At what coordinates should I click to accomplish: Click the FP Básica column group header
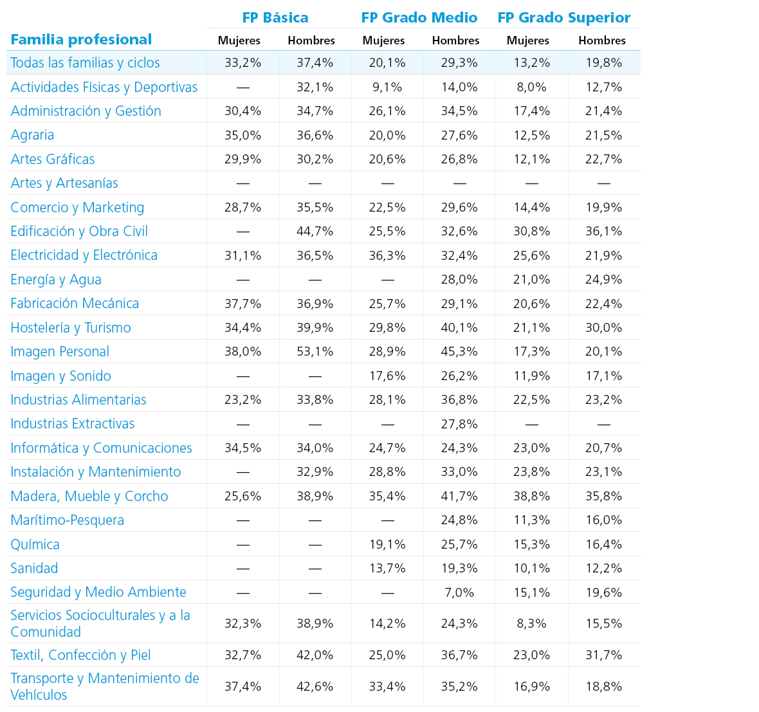click(x=275, y=18)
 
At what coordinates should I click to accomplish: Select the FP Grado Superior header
click(x=564, y=18)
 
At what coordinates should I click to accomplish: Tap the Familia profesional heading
click(x=81, y=40)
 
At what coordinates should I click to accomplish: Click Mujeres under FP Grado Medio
click(x=383, y=41)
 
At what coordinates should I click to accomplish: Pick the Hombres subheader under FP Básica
click(x=311, y=41)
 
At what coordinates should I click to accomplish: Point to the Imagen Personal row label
click(x=60, y=352)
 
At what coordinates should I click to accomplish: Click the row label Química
click(x=35, y=545)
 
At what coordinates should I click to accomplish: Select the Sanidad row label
click(x=34, y=568)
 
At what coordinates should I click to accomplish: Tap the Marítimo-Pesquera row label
click(x=68, y=520)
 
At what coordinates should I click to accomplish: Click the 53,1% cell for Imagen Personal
click(x=315, y=352)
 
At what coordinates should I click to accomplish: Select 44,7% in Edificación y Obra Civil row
click(x=315, y=232)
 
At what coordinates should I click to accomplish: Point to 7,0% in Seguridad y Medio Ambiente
click(x=459, y=592)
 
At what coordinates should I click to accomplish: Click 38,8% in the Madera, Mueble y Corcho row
click(x=531, y=496)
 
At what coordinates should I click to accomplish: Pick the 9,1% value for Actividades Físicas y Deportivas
click(x=387, y=87)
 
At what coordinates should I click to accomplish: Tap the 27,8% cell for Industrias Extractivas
click(x=459, y=424)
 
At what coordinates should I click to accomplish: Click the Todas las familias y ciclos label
click(x=85, y=63)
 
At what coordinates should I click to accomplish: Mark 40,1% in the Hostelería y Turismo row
click(x=459, y=327)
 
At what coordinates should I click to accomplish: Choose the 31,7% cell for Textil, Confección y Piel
click(x=603, y=655)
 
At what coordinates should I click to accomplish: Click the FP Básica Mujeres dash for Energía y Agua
click(x=243, y=280)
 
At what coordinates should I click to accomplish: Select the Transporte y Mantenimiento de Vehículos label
click(x=105, y=686)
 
